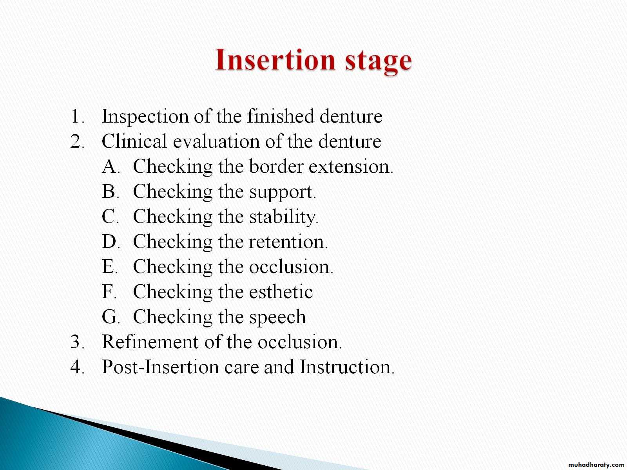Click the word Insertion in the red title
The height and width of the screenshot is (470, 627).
pos(275,60)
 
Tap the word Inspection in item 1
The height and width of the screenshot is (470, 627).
pos(145,117)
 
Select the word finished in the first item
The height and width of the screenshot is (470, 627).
pos(281,116)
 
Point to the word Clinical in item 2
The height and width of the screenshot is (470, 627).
pos(134,141)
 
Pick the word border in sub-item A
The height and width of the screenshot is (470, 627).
pos(276,166)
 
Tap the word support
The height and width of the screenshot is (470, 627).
pos(282,192)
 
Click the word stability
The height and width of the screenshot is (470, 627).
pos(283,217)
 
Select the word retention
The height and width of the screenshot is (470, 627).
pos(288,242)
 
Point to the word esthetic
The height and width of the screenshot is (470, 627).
pos(281,291)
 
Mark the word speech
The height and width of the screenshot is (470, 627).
pos(278,317)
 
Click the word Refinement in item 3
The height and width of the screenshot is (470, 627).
pos(150,342)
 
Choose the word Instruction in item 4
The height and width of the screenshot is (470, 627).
pos(347,367)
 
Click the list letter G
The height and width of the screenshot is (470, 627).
pos(110,317)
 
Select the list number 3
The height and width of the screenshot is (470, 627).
pos(76,342)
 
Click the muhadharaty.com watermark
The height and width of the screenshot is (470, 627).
pos(596,465)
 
